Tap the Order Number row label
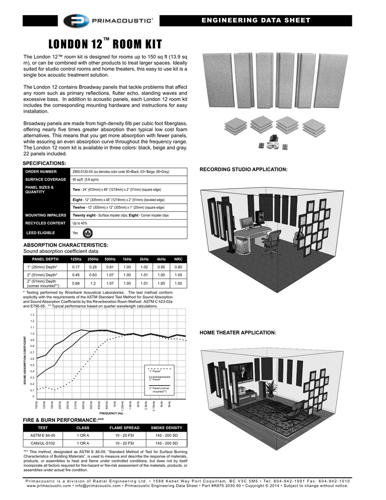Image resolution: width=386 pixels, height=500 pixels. click(41, 172)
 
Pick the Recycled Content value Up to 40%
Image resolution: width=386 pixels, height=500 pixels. click(80, 223)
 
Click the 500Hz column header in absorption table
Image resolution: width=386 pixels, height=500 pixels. click(110, 259)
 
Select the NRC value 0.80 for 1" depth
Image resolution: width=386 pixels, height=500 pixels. click(178, 267)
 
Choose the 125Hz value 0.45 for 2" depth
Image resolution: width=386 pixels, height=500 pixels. click(76, 275)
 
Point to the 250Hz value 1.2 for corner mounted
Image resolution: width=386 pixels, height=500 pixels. click(93, 283)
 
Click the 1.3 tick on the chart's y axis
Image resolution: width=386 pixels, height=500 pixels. click(33, 315)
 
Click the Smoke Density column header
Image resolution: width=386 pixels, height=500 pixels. click(166, 428)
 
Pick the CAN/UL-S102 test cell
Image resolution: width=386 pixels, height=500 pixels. click(43, 443)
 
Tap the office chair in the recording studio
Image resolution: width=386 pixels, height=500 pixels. click(271, 239)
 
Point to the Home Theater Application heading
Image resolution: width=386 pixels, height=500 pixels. click(238, 333)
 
